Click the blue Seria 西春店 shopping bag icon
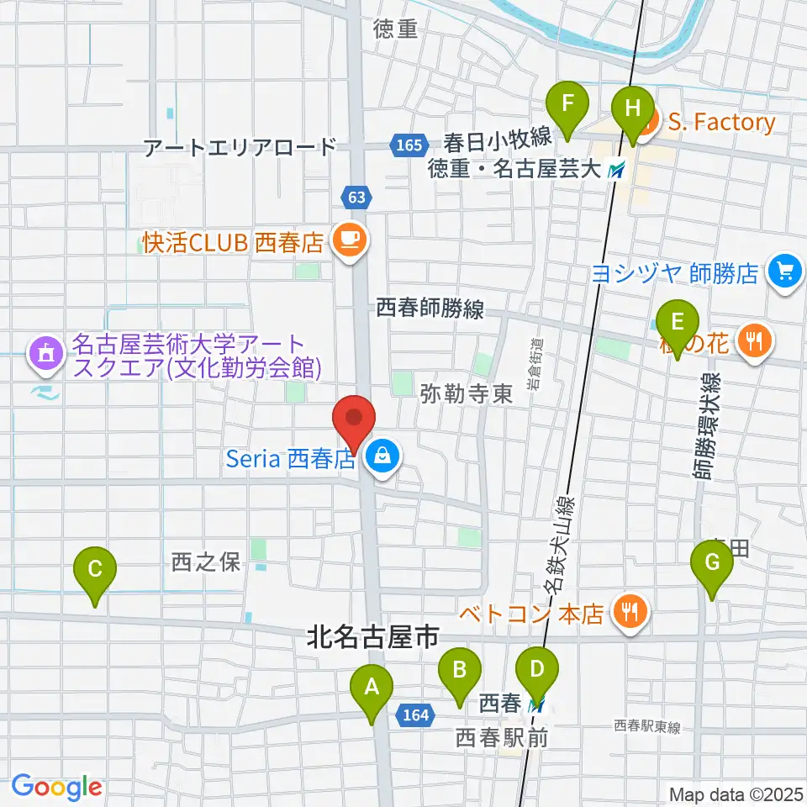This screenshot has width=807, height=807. [x=382, y=457]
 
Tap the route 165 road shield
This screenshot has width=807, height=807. [x=408, y=145]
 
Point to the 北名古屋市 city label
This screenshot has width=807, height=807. [x=372, y=638]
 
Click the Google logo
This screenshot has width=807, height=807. [x=56, y=787]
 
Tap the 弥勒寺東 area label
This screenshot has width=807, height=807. [x=468, y=394]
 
